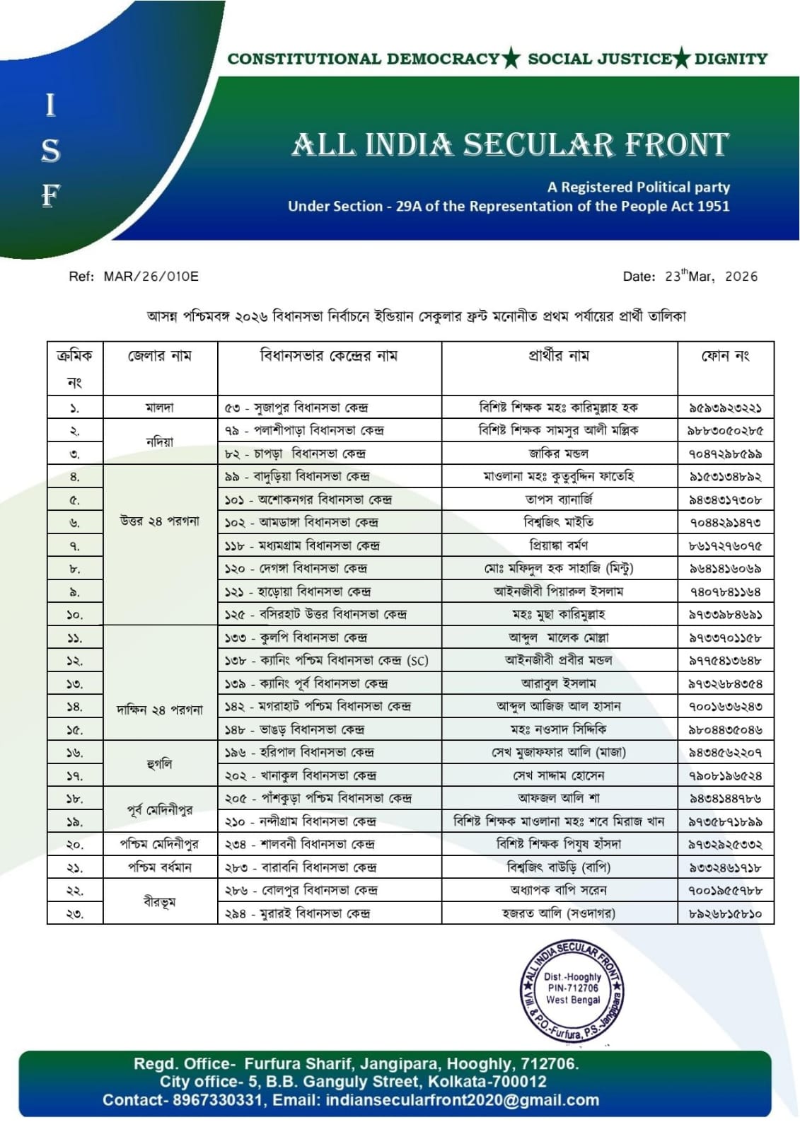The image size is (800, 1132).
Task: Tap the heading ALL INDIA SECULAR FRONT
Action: coord(510,145)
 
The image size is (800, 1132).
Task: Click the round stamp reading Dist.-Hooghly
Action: coord(573,989)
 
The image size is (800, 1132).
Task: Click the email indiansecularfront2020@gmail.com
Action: coord(463,1100)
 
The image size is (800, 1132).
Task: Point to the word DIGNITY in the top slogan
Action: coord(731,59)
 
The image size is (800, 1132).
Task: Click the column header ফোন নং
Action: coord(725,356)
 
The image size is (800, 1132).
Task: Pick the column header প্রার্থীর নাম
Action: coord(559,356)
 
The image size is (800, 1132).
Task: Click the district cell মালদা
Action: coord(160,408)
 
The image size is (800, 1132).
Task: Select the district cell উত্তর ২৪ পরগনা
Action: coord(160,521)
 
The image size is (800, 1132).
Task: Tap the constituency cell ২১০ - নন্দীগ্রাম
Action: coord(300,821)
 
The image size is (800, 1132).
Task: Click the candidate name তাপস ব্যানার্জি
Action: coord(559,499)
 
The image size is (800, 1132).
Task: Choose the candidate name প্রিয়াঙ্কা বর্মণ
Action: coord(559,545)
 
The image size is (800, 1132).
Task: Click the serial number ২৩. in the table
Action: coord(75,913)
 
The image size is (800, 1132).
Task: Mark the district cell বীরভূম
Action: coord(160,901)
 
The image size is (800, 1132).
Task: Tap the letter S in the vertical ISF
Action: coord(50,151)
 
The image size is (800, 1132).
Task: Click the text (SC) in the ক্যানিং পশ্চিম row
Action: coord(417,661)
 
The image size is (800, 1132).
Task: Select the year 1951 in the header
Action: coord(713,206)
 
